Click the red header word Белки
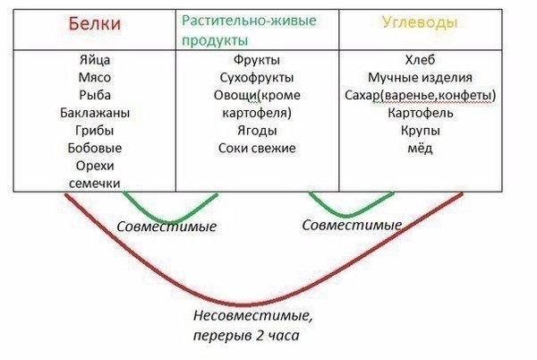(x=95, y=23)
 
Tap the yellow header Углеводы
(x=420, y=22)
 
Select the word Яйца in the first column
(x=95, y=60)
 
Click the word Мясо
(x=95, y=77)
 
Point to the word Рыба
(x=95, y=95)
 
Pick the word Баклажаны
(x=95, y=113)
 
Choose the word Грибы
(x=95, y=131)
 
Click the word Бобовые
(x=95, y=148)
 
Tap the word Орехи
(x=95, y=166)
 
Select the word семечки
(x=95, y=184)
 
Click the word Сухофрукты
(x=257, y=77)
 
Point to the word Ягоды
(x=257, y=131)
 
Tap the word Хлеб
(x=420, y=60)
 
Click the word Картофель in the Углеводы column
(x=421, y=113)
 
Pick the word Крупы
(x=421, y=131)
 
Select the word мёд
(x=420, y=148)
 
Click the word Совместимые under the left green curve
(x=166, y=227)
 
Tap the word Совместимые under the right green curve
(x=352, y=225)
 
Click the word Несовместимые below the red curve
(x=252, y=315)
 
